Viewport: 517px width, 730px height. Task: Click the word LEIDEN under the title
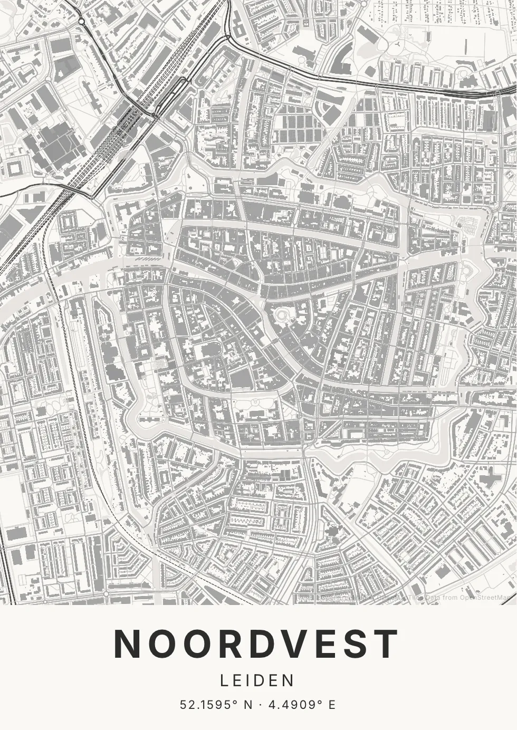tap(258, 680)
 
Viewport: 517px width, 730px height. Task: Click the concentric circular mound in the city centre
tap(282, 315)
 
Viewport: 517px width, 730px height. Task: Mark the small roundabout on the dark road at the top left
tap(81, 22)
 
